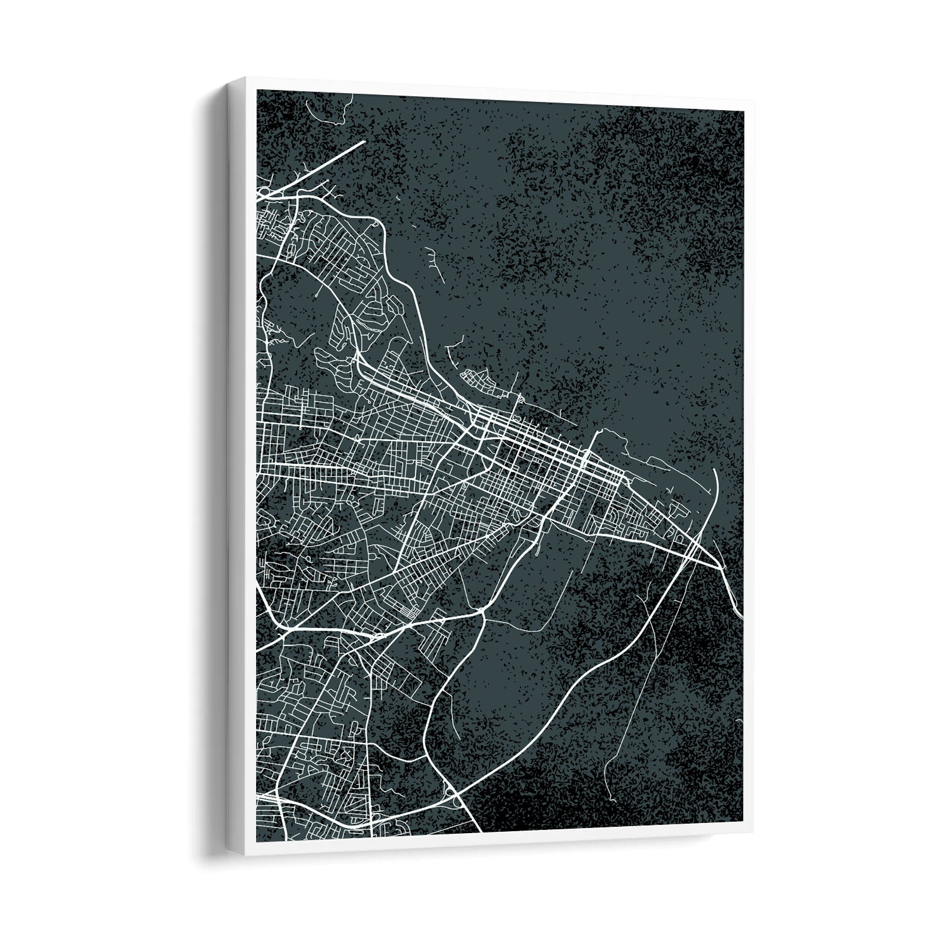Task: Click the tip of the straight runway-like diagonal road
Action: tap(364, 142)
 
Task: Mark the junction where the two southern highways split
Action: tap(481, 610)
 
